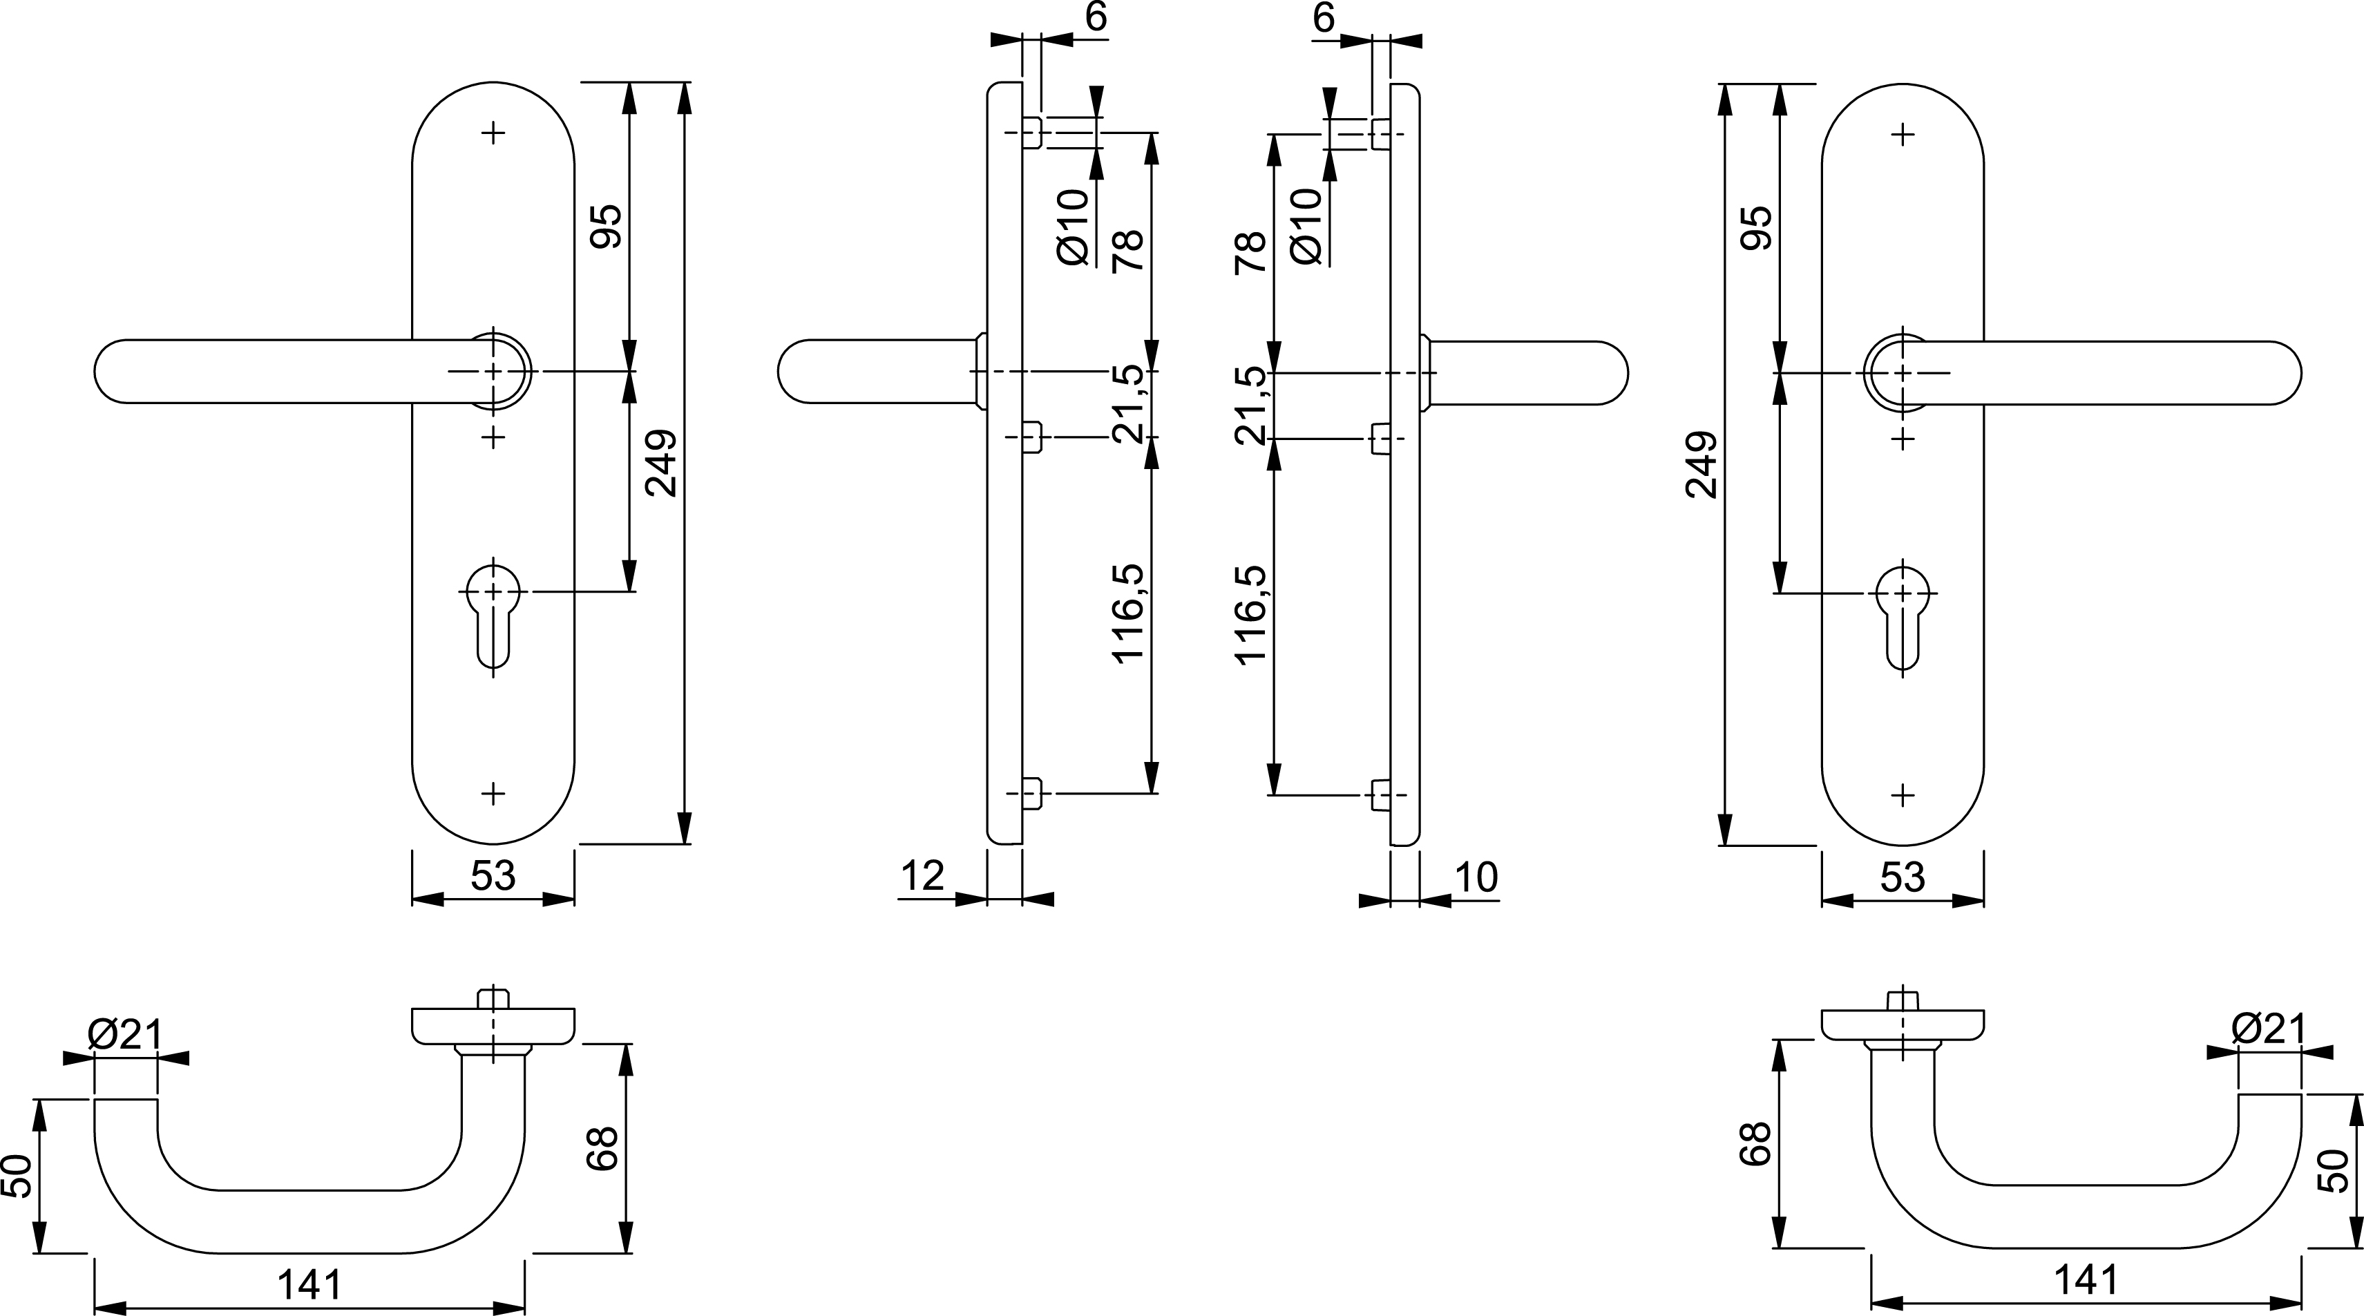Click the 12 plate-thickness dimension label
(x=922, y=877)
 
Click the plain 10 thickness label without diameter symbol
(x=1476, y=878)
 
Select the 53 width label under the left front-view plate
(x=493, y=877)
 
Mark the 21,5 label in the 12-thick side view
(x=1129, y=404)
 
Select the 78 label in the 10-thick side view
(x=1251, y=252)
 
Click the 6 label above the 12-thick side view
(x=1096, y=19)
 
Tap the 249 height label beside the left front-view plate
(x=660, y=464)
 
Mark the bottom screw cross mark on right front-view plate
(x=1903, y=794)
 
